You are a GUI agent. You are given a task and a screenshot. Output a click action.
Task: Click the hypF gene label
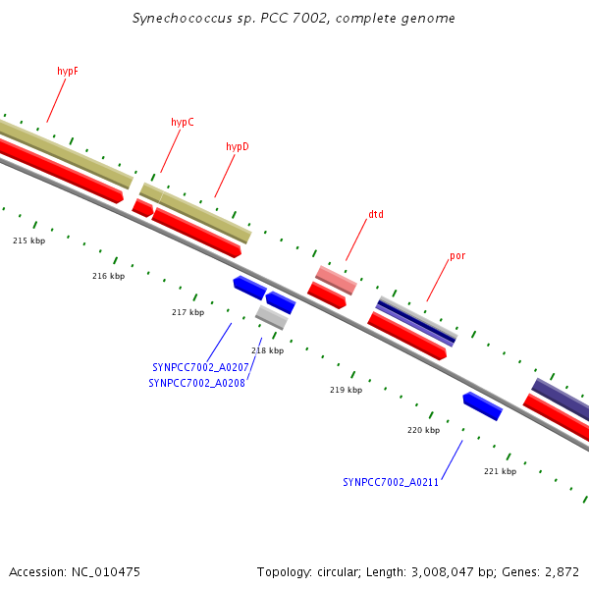68,71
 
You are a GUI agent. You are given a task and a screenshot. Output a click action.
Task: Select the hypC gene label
183,122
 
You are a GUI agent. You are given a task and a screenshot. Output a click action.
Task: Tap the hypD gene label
238,146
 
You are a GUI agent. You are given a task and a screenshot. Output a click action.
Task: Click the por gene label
457,255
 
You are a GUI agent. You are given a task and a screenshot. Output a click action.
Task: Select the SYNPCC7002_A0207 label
195,367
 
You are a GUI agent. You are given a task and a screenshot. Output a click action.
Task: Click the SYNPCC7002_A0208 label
196,383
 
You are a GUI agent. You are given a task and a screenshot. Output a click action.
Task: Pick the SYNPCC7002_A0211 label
391,482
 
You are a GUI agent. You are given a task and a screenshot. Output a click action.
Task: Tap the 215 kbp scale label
28,241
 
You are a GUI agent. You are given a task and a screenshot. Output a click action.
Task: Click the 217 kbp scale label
187,312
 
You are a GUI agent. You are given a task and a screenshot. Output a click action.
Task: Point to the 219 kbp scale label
346,390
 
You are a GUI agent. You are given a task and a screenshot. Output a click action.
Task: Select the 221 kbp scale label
500,471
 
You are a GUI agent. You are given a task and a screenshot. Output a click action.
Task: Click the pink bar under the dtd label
336,280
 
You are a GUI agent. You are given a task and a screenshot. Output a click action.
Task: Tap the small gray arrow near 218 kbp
272,317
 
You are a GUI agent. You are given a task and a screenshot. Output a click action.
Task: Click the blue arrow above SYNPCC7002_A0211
483,405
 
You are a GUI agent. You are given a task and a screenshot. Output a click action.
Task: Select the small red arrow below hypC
143,208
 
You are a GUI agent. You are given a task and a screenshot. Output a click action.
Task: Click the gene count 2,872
561,571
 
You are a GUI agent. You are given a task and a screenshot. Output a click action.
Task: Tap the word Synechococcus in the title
180,19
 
